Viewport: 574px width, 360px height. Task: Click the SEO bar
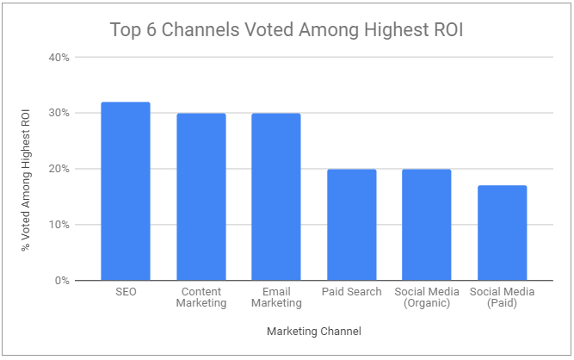(126, 191)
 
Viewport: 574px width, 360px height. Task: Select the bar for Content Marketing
(201, 196)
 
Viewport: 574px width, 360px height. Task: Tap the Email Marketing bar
(276, 196)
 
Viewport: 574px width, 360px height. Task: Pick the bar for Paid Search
(351, 224)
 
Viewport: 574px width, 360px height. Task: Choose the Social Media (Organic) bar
(427, 224)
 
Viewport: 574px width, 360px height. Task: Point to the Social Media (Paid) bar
(502, 233)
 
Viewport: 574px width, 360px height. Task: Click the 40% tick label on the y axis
(59, 58)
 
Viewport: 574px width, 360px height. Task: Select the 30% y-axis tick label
(59, 114)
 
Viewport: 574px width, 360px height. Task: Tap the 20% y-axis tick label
(59, 169)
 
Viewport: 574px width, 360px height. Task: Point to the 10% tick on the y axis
(59, 225)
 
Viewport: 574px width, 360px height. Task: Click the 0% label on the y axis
(61, 281)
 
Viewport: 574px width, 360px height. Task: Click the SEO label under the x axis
(126, 292)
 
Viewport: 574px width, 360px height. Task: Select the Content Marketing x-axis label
(201, 297)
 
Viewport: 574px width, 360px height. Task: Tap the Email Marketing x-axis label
(276, 297)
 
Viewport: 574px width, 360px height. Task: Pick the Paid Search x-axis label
(351, 292)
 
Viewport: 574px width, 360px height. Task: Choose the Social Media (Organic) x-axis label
(427, 297)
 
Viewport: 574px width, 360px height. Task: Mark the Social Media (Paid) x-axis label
(502, 297)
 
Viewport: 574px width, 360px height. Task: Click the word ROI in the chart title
(448, 30)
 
